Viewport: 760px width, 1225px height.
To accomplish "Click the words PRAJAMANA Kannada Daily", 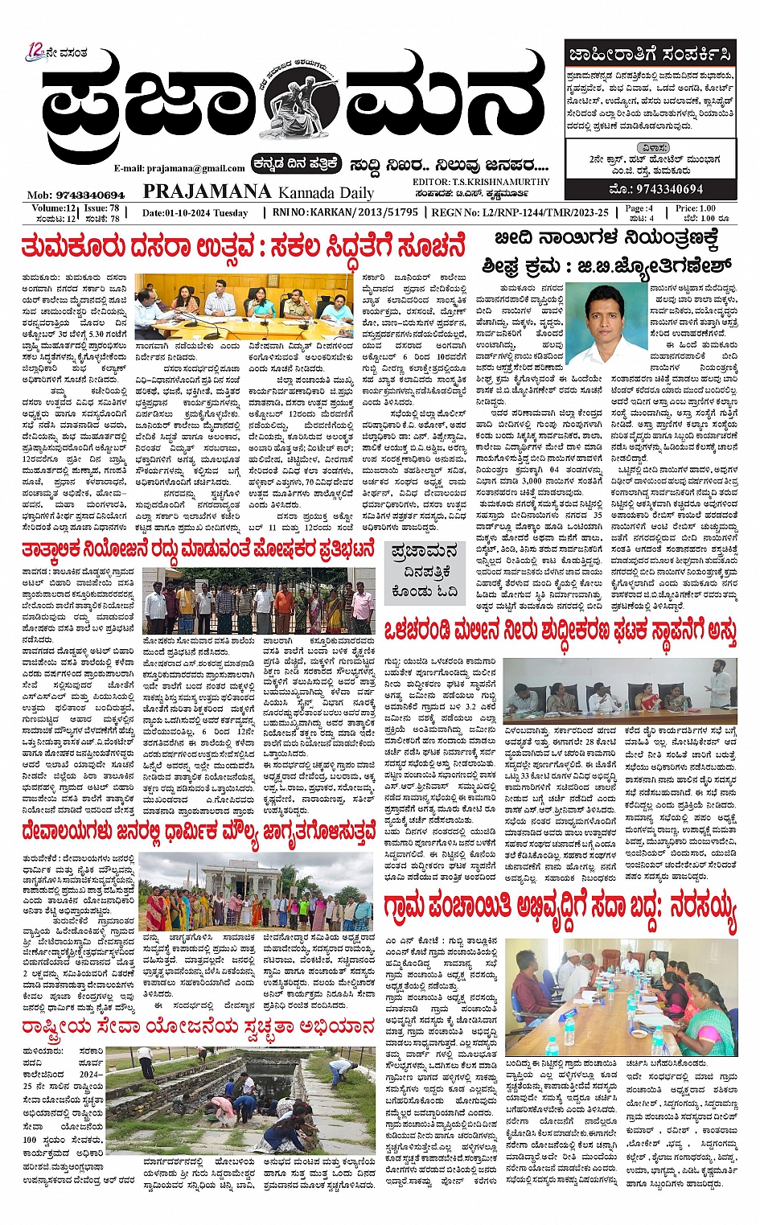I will point(258,192).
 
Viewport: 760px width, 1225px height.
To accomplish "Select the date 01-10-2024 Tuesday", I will point(195,213).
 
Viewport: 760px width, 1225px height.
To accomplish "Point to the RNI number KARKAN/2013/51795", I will point(367,212).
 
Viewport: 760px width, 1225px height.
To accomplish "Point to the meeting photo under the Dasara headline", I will point(244,306).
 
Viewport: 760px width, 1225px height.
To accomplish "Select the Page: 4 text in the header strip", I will point(639,208).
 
